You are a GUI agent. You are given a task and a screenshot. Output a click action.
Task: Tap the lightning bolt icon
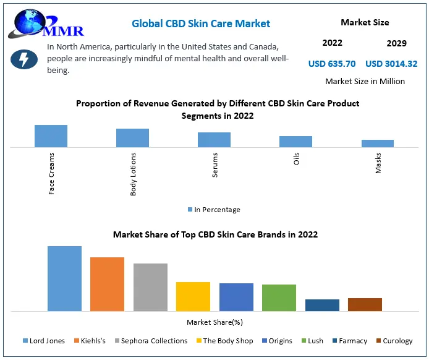(x=24, y=59)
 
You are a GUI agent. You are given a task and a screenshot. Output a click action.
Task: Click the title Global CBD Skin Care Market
(x=201, y=24)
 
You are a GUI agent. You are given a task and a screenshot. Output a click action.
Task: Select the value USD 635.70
(x=332, y=64)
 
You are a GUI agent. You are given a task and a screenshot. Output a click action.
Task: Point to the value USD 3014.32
(x=391, y=64)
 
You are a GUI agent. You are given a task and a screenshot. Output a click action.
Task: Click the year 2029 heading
(x=396, y=43)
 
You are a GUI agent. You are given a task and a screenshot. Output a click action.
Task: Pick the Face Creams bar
(x=51, y=136)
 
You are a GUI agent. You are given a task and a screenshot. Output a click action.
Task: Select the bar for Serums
(x=214, y=140)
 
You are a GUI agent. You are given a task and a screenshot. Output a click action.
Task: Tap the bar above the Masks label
(x=378, y=144)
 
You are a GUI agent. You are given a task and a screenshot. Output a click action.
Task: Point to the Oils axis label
(x=297, y=160)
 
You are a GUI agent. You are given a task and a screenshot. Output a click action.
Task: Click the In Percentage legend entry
(x=214, y=210)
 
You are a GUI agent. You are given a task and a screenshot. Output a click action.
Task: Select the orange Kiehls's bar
(x=107, y=284)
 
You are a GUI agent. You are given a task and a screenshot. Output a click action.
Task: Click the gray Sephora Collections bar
(x=150, y=287)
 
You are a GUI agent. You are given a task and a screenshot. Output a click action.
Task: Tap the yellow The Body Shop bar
(x=193, y=296)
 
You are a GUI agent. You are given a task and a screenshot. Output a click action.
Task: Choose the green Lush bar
(x=279, y=298)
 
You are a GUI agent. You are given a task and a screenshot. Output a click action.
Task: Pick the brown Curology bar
(x=365, y=304)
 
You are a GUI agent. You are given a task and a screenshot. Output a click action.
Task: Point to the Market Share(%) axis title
(x=214, y=322)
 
